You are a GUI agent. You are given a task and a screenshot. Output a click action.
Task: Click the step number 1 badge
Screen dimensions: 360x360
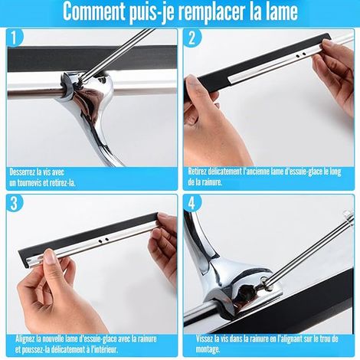click(x=15, y=38)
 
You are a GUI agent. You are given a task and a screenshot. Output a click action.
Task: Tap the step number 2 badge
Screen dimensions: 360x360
click(x=192, y=38)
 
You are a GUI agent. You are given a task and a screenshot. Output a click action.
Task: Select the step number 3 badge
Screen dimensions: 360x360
click(x=15, y=203)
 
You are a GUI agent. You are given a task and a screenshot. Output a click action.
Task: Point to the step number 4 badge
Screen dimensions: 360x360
click(x=192, y=203)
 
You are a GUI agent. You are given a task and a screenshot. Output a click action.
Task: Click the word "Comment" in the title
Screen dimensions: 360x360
click(x=93, y=11)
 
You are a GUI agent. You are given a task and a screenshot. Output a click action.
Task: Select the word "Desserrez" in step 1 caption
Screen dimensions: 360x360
click(x=21, y=172)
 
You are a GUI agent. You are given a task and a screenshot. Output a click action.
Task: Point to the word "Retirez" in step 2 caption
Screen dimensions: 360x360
click(x=197, y=172)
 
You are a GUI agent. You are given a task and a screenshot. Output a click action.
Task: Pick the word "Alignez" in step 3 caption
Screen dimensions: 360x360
click(x=25, y=339)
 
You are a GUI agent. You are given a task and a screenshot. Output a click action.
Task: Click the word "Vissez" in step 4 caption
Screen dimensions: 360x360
click(x=205, y=339)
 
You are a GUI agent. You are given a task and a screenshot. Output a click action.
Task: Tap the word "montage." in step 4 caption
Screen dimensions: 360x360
click(x=208, y=349)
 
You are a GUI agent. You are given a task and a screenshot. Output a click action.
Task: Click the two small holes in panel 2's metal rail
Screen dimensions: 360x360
click(x=300, y=54)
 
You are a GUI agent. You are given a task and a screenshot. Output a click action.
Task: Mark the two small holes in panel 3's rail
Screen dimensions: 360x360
click(x=104, y=240)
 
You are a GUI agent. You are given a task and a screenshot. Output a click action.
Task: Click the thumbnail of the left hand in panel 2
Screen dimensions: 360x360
click(x=192, y=81)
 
